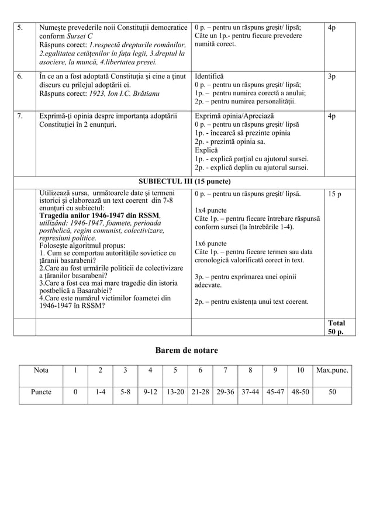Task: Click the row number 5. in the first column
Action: (19, 27)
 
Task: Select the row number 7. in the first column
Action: (19, 116)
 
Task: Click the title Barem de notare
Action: (186, 350)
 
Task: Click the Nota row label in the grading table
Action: (41, 370)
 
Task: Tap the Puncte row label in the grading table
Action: (41, 393)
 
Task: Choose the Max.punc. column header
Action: (331, 370)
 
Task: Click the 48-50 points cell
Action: (300, 393)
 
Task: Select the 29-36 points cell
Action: (225, 393)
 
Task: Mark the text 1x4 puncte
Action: (210, 210)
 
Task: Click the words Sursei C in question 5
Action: (78, 36)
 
